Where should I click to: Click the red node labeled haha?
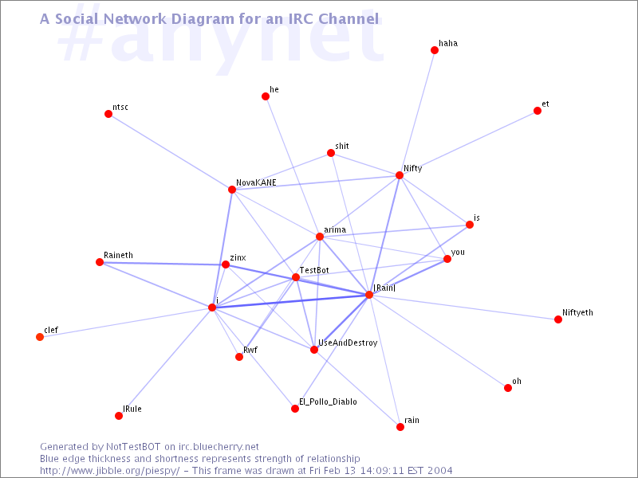(x=434, y=50)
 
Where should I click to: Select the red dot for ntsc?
(x=108, y=114)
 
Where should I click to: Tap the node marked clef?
(x=40, y=337)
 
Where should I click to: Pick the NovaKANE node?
(x=232, y=190)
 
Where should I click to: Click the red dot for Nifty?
(x=400, y=175)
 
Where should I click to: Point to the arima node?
(x=320, y=237)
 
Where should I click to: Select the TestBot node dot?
(x=296, y=277)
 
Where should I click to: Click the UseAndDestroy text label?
(x=348, y=343)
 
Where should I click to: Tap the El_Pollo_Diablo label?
(x=328, y=402)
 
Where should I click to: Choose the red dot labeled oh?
(x=508, y=388)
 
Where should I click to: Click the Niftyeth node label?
(x=577, y=312)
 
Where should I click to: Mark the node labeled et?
(x=538, y=111)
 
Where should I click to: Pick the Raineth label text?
(x=118, y=255)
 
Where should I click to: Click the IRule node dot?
(x=119, y=416)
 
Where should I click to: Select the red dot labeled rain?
(x=400, y=427)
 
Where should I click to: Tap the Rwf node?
(x=239, y=357)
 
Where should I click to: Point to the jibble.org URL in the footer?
(x=110, y=471)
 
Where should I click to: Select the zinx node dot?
(x=226, y=264)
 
